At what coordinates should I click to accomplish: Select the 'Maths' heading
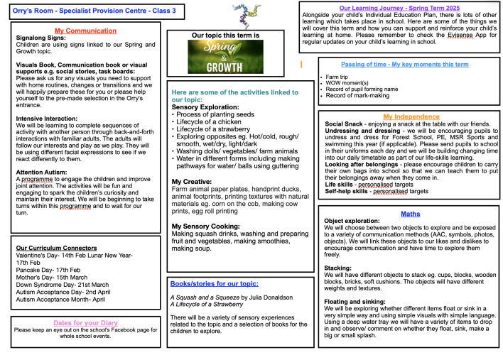[410, 213]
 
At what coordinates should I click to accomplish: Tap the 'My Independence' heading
[411, 116]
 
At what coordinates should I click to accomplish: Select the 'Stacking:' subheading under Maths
[337, 268]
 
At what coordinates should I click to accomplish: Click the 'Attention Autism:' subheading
[43, 171]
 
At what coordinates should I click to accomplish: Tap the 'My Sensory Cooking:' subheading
[207, 226]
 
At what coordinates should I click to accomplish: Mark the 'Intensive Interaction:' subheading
[47, 118]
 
